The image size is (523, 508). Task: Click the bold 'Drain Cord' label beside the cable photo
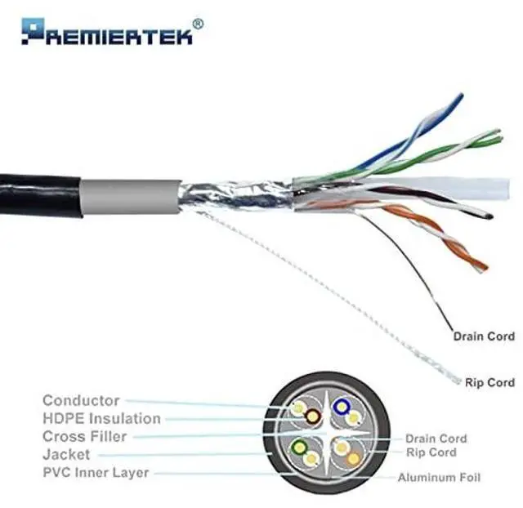point(484,336)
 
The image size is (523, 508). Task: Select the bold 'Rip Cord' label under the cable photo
point(489,382)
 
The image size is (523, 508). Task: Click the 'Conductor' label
point(81,400)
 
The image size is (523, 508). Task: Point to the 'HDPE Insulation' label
point(101,418)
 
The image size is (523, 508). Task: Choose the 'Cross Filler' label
point(84,436)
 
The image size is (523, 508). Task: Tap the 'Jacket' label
point(66,454)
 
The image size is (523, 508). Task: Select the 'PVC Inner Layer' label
point(96,472)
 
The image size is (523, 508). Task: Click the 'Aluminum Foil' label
point(439,477)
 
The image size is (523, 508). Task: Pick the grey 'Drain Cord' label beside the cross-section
point(436,439)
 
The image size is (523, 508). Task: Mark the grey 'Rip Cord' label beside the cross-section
point(431,452)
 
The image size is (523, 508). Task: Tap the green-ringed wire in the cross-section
point(301,448)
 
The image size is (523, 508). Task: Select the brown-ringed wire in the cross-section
point(313,417)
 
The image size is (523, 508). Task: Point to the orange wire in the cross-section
point(353,458)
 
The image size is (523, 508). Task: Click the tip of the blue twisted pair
point(458,97)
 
